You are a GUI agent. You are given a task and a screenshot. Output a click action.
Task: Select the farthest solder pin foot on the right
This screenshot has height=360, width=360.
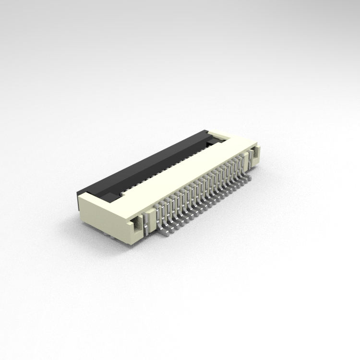pos(248,177)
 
